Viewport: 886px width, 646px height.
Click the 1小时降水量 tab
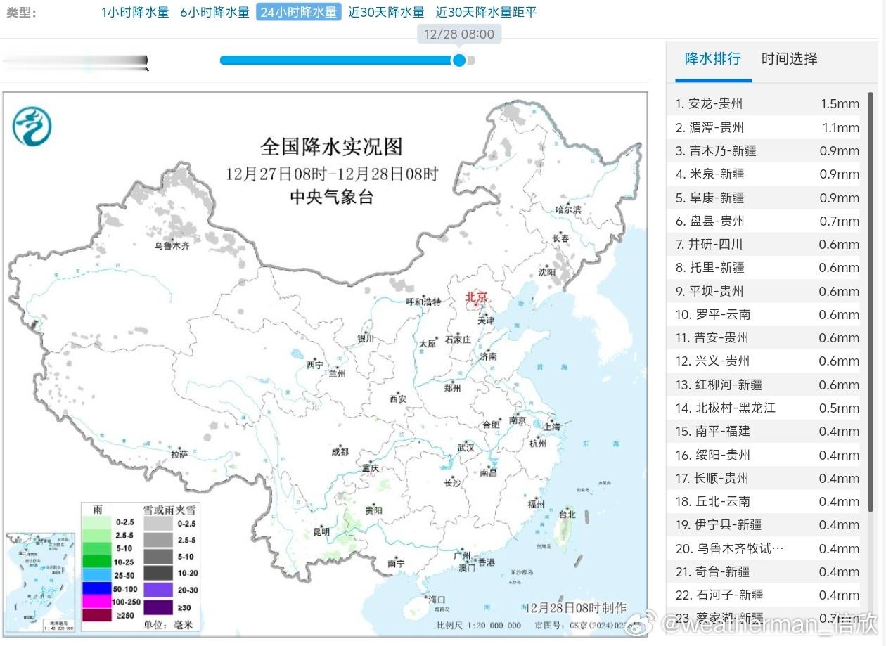pyautogui.click(x=135, y=12)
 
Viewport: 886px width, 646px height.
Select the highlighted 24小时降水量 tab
pyautogui.click(x=298, y=12)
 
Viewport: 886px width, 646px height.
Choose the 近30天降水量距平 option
pyautogui.click(x=486, y=12)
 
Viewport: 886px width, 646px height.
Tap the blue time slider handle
pyautogui.click(x=459, y=60)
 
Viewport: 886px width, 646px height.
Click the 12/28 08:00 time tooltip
pyautogui.click(x=459, y=34)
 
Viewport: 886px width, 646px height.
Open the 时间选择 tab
pyautogui.click(x=789, y=58)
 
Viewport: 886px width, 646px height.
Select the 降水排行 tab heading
pyautogui.click(x=712, y=58)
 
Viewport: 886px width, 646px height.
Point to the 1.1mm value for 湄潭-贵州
pyautogui.click(x=841, y=128)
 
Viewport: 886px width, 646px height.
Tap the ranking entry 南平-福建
pyautogui.click(x=713, y=432)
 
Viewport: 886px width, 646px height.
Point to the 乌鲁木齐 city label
pyautogui.click(x=172, y=246)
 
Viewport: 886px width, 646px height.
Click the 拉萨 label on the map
pyautogui.click(x=179, y=454)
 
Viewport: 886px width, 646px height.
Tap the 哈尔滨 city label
pyautogui.click(x=568, y=209)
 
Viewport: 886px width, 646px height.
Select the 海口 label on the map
pyautogui.click(x=437, y=600)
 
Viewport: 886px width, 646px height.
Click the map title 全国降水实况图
pyautogui.click(x=331, y=146)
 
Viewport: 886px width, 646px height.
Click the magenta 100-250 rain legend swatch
pyautogui.click(x=96, y=601)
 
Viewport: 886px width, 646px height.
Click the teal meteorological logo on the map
pyautogui.click(x=32, y=127)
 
